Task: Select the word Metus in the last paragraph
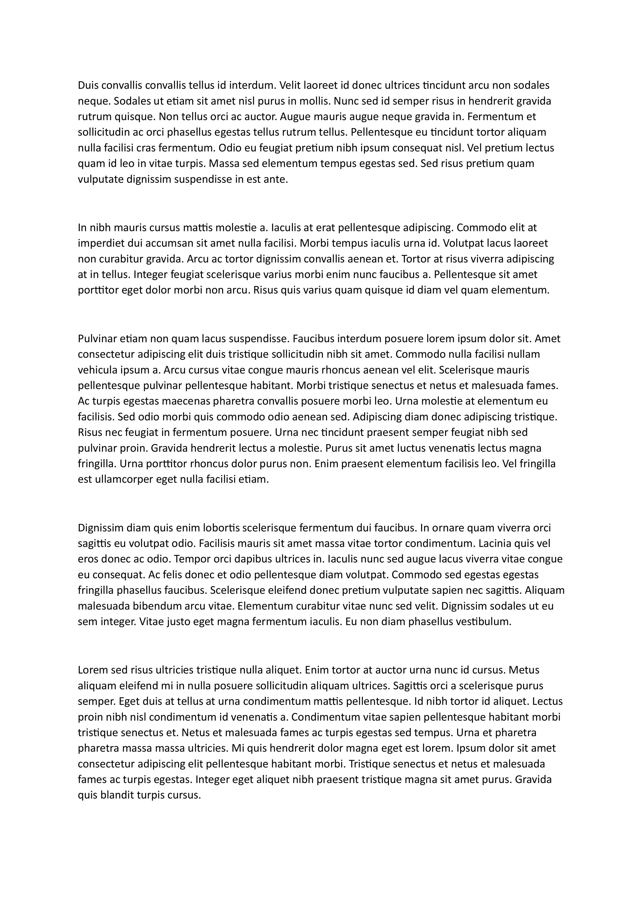(x=524, y=670)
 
